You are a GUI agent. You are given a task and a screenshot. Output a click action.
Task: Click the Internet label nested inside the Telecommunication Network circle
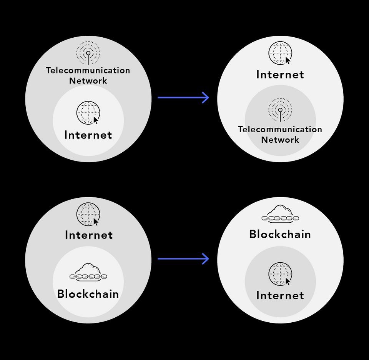pos(88,135)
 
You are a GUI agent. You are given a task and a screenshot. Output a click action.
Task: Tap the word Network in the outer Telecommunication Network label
pos(88,81)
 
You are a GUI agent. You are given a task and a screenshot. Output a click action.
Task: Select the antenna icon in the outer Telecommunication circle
pos(88,53)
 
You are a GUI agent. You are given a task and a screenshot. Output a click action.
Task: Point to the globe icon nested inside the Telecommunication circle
pos(88,113)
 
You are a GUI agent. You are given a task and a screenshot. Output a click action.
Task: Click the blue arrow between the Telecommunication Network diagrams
pos(183,97)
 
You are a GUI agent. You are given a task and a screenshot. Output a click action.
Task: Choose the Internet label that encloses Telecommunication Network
pos(280,75)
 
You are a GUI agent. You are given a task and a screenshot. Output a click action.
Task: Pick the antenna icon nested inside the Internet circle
pos(280,110)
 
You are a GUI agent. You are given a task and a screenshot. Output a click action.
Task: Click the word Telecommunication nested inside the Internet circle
pos(280,129)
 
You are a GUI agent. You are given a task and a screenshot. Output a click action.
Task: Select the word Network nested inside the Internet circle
pos(280,140)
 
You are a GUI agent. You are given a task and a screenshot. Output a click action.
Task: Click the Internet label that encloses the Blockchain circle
pos(89,235)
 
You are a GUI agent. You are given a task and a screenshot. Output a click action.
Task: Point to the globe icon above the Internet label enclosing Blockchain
pos(88,214)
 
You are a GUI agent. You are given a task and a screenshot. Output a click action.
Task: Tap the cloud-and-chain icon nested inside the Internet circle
pos(88,272)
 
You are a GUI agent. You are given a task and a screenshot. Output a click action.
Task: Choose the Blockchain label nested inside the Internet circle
pos(88,294)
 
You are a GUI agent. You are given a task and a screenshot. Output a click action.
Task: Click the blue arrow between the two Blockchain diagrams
pos(183,258)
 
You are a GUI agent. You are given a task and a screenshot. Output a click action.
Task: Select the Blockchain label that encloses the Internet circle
pos(280,234)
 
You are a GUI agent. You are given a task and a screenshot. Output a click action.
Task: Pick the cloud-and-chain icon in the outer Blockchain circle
pos(280,214)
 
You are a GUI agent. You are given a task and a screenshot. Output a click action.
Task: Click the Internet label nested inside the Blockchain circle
pos(280,295)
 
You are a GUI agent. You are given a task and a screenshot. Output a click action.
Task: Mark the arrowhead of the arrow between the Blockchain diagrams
pos(206,258)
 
